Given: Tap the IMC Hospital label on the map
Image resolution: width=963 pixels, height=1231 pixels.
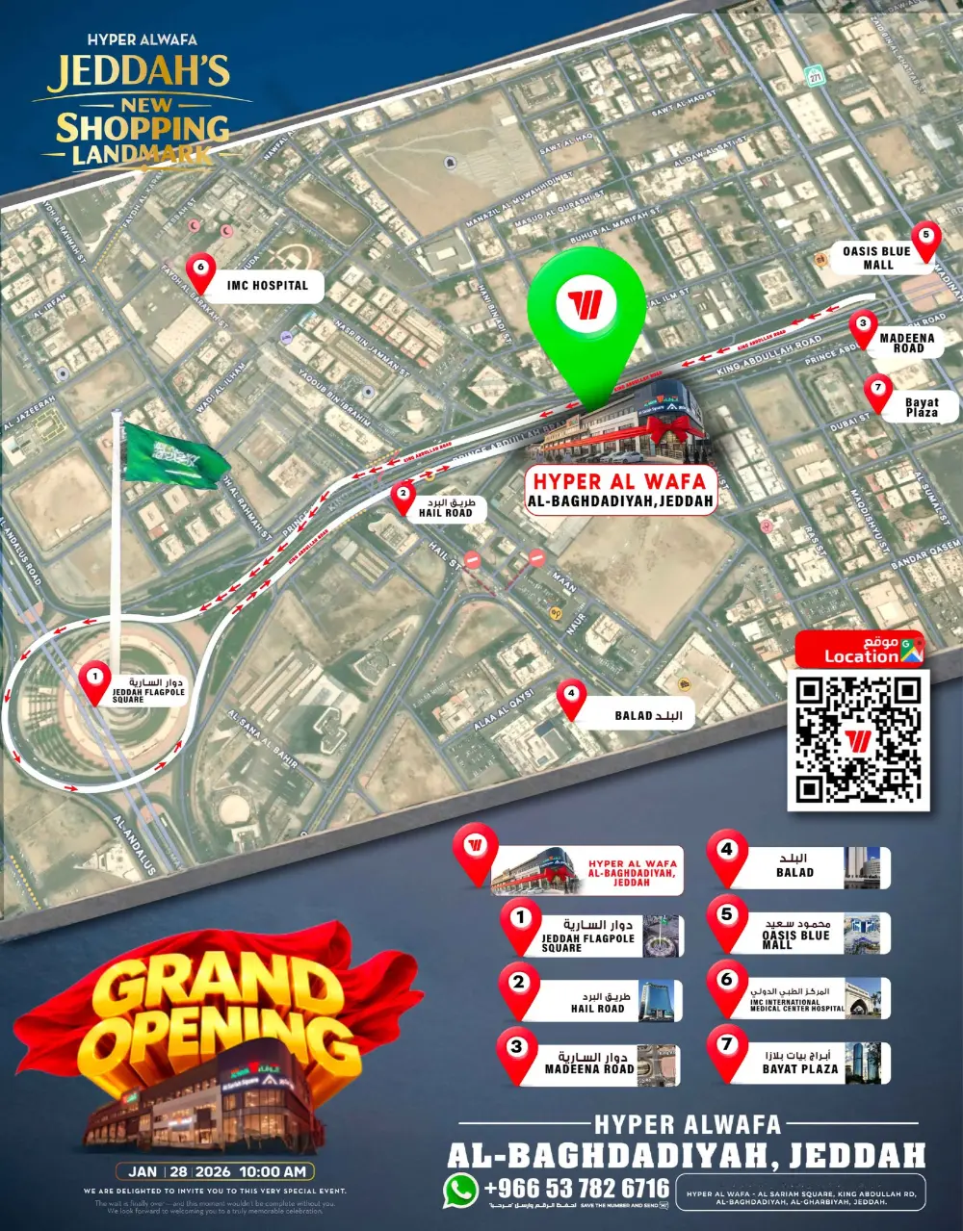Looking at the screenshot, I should [267, 286].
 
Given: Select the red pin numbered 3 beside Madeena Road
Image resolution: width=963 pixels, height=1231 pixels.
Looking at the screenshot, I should [863, 327].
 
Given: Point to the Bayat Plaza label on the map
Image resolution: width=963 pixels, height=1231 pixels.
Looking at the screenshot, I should [921, 408].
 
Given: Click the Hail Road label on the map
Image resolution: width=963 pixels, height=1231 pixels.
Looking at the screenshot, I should [446, 508].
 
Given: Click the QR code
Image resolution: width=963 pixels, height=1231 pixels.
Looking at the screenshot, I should [858, 740].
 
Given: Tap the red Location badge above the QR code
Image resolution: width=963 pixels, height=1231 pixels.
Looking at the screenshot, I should [859, 650].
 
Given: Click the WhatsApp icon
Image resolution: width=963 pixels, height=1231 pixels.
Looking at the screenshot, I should [460, 1190].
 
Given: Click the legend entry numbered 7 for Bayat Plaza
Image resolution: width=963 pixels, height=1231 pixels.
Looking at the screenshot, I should [799, 1063].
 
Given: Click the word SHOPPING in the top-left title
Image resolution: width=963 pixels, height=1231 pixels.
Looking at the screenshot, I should [142, 128].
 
